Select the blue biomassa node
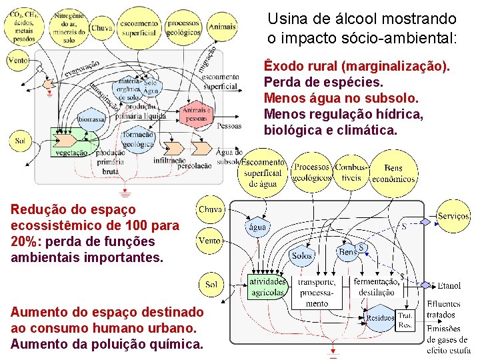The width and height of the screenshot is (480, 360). point(91,119)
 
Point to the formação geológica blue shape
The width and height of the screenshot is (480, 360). point(138,139)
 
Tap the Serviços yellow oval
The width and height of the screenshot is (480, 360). point(453,216)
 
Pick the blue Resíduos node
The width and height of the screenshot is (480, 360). point(381,318)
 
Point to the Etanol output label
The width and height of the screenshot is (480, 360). point(449,286)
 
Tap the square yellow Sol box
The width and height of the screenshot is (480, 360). point(211,284)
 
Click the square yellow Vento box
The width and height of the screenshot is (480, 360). point(210,240)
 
